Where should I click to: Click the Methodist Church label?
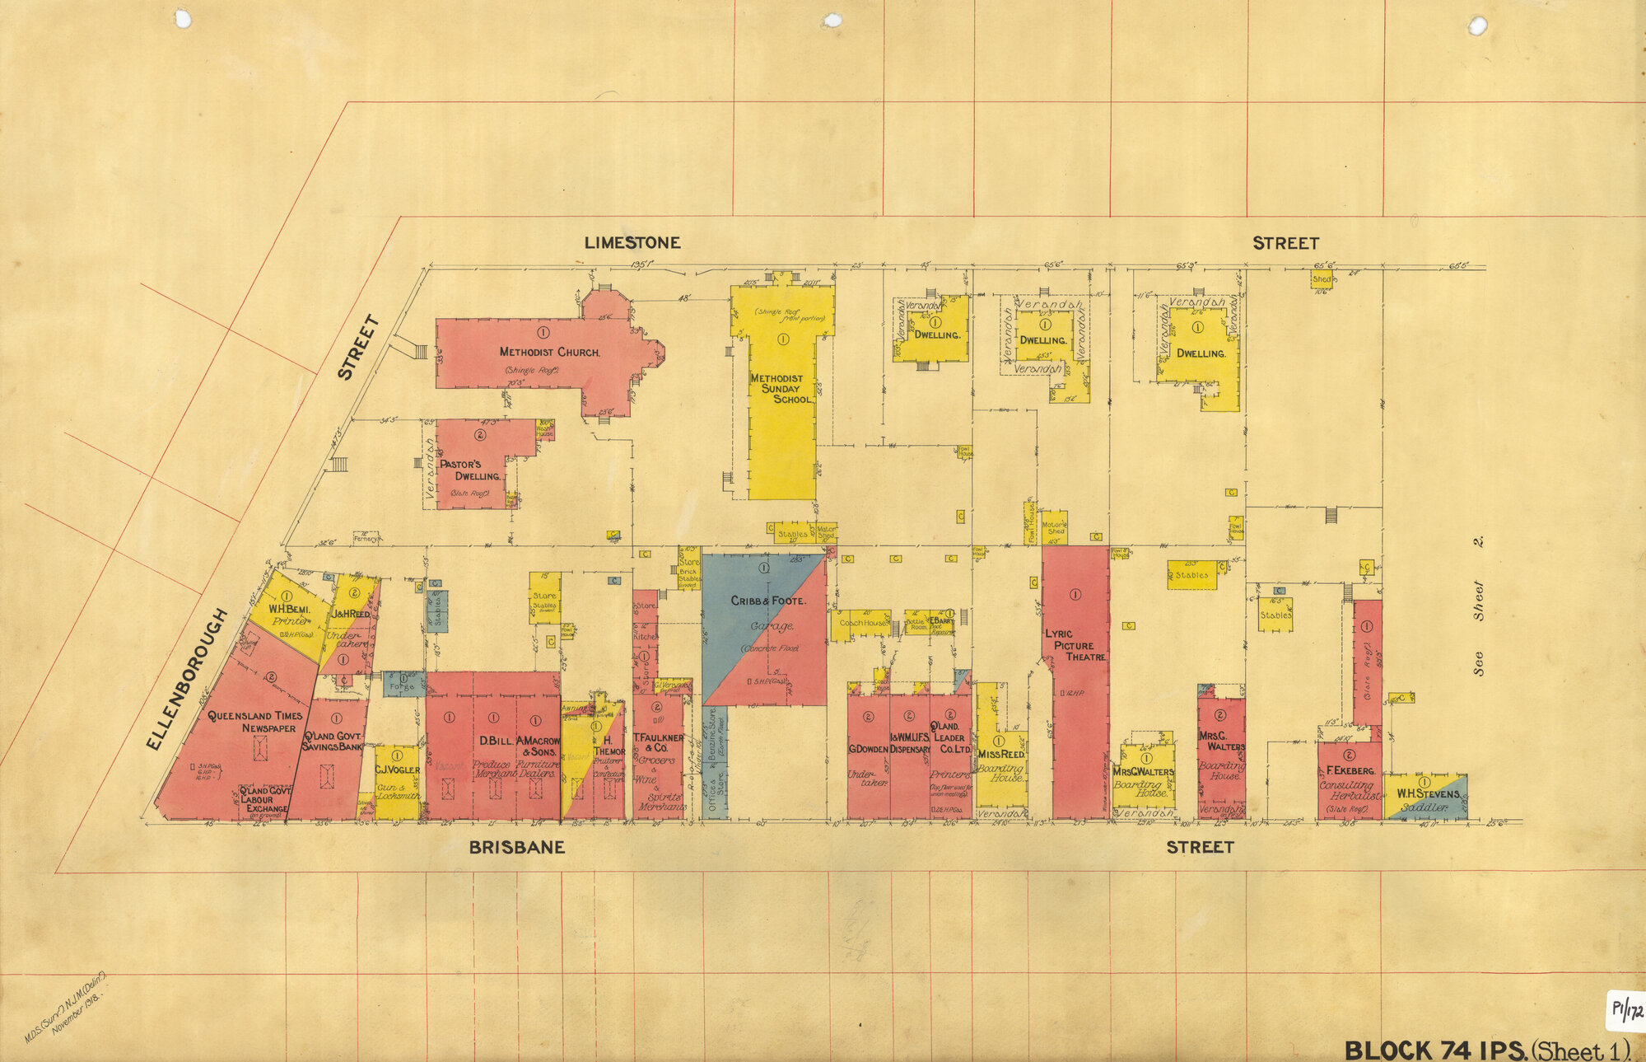click(x=549, y=352)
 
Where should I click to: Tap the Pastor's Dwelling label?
click(x=469, y=470)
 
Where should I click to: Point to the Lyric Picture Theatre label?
click(x=1074, y=645)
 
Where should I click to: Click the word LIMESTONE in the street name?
click(x=632, y=243)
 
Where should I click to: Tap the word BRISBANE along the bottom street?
click(x=516, y=847)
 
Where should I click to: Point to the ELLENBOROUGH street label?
click(x=188, y=679)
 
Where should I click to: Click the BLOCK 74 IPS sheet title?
click(x=1434, y=1050)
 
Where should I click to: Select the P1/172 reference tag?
click(x=1625, y=1011)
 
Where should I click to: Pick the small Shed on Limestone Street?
click(x=1321, y=280)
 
